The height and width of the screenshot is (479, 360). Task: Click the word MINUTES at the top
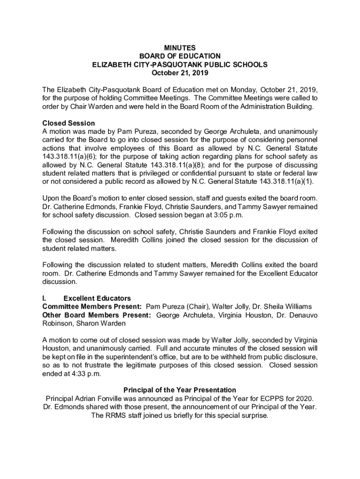point(180,48)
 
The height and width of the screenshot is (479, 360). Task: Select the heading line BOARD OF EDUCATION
point(180,56)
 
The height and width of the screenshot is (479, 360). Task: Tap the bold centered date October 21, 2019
point(180,73)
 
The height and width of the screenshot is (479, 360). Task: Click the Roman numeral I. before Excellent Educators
point(44,298)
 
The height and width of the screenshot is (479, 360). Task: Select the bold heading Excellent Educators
point(97,298)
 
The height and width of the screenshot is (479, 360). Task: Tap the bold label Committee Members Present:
point(92,307)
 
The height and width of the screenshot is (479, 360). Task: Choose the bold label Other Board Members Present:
point(96,315)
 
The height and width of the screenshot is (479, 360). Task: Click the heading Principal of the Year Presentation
point(180,390)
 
